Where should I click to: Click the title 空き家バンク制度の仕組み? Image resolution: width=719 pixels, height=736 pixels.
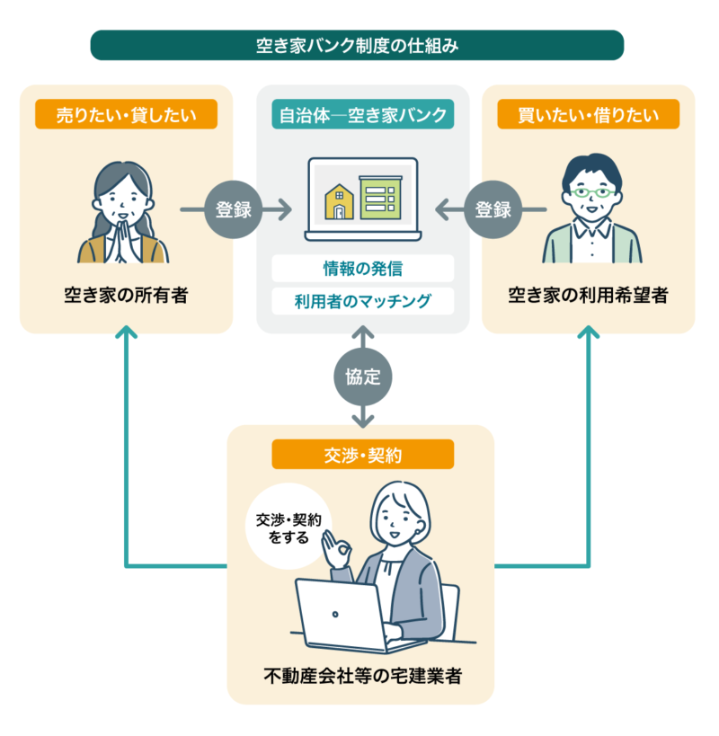357,45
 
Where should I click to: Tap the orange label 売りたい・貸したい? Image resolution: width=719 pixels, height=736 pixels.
126,114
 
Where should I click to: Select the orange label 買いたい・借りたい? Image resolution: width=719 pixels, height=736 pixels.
589,114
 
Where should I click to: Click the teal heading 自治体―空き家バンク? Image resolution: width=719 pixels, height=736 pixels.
362,114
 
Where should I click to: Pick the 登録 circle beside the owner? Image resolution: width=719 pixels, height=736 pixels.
234,210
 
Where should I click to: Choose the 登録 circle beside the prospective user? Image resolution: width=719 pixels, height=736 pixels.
493,210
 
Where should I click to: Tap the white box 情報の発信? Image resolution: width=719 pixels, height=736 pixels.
362,268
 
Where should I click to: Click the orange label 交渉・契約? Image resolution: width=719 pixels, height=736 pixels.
362,455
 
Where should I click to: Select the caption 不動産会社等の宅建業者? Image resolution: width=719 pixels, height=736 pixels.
362,676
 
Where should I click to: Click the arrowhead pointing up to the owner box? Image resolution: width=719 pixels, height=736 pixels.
127,333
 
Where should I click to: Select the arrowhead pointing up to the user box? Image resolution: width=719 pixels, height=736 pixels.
589,333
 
